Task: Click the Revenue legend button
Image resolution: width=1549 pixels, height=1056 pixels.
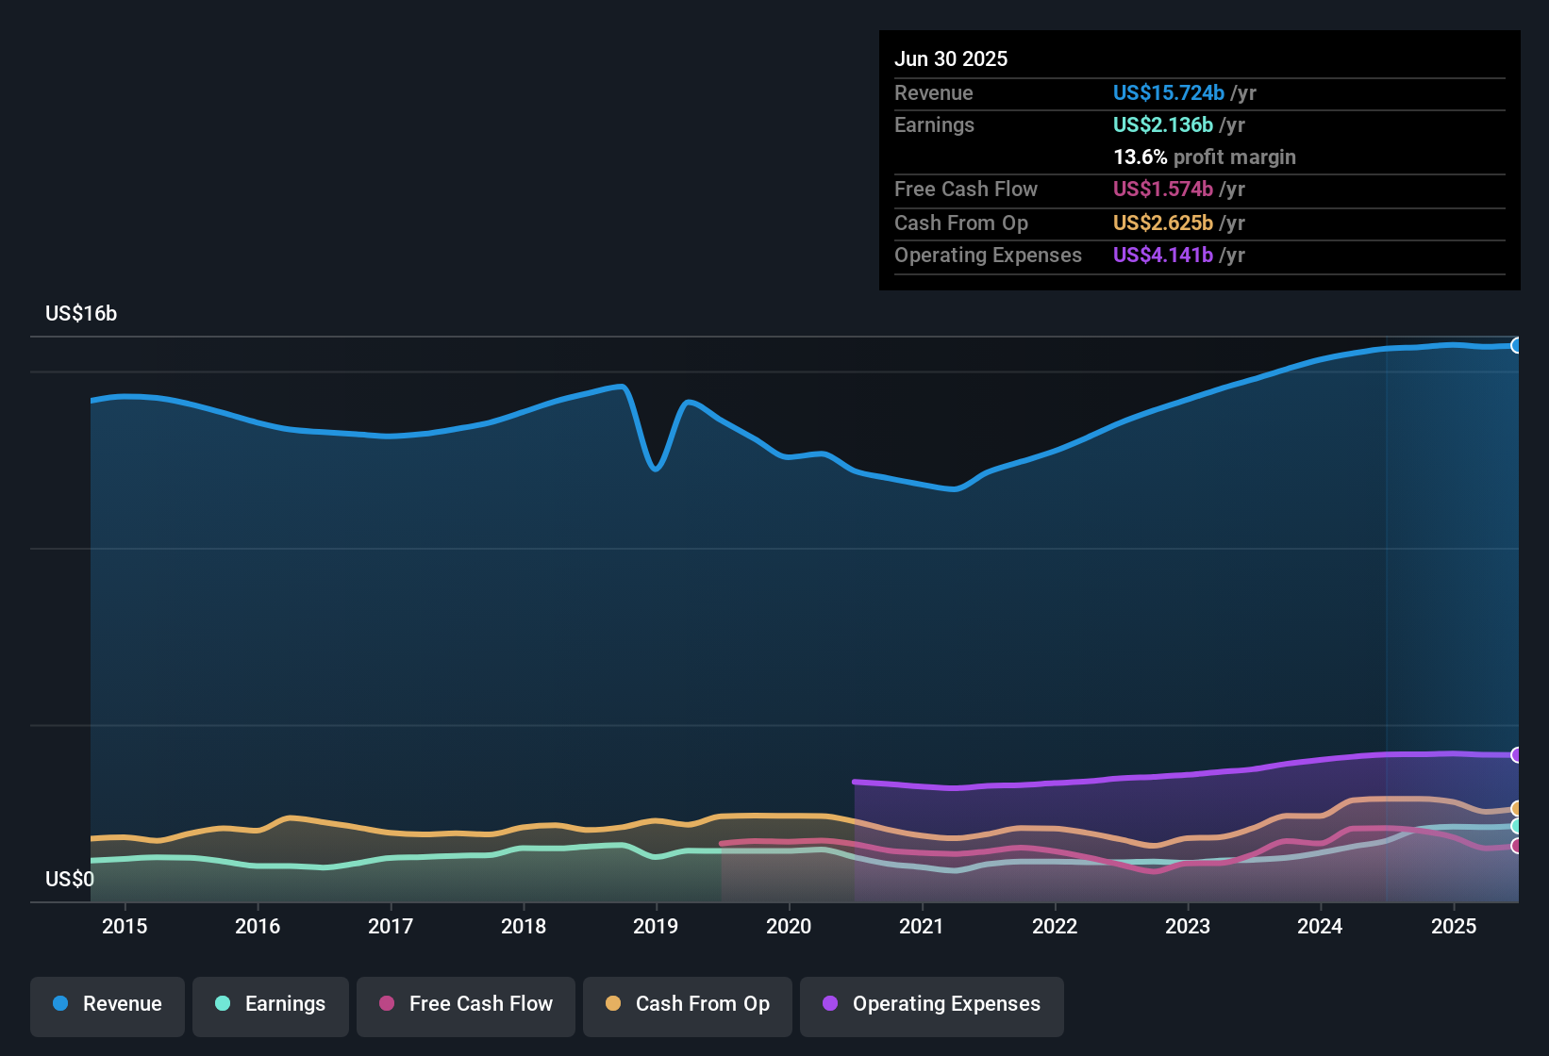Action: pos(108,1004)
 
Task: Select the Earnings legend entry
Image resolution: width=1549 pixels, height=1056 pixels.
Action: pos(271,1004)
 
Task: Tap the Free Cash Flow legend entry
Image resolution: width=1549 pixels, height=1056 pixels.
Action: pos(466,1004)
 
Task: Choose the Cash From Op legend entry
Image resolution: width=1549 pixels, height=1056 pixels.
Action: pos(688,1004)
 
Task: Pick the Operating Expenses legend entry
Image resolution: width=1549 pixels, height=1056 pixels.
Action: pos(932,1004)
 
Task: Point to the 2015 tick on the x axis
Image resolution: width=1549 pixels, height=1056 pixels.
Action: pos(125,926)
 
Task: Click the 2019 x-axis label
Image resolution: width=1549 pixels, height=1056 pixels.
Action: pos(656,926)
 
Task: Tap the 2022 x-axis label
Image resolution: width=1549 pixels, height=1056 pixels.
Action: pos(1055,926)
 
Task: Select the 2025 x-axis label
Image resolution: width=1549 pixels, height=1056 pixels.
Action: pos(1454,926)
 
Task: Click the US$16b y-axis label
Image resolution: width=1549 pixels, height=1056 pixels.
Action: pos(81,314)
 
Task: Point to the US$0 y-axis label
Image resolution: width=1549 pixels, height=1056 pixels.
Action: pos(70,880)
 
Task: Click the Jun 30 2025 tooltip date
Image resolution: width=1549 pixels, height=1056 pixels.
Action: pos(951,59)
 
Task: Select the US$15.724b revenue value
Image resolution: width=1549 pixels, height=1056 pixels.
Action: pos(1168,93)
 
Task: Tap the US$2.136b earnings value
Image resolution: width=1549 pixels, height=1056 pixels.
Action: pos(1162,125)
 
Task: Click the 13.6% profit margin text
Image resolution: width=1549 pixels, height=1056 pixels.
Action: pos(1204,157)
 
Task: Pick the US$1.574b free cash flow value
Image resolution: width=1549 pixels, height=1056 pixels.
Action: pos(1162,190)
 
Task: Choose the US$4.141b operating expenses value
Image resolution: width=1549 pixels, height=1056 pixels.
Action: pos(1162,256)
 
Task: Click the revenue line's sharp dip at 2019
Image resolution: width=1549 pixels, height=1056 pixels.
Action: pos(656,468)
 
